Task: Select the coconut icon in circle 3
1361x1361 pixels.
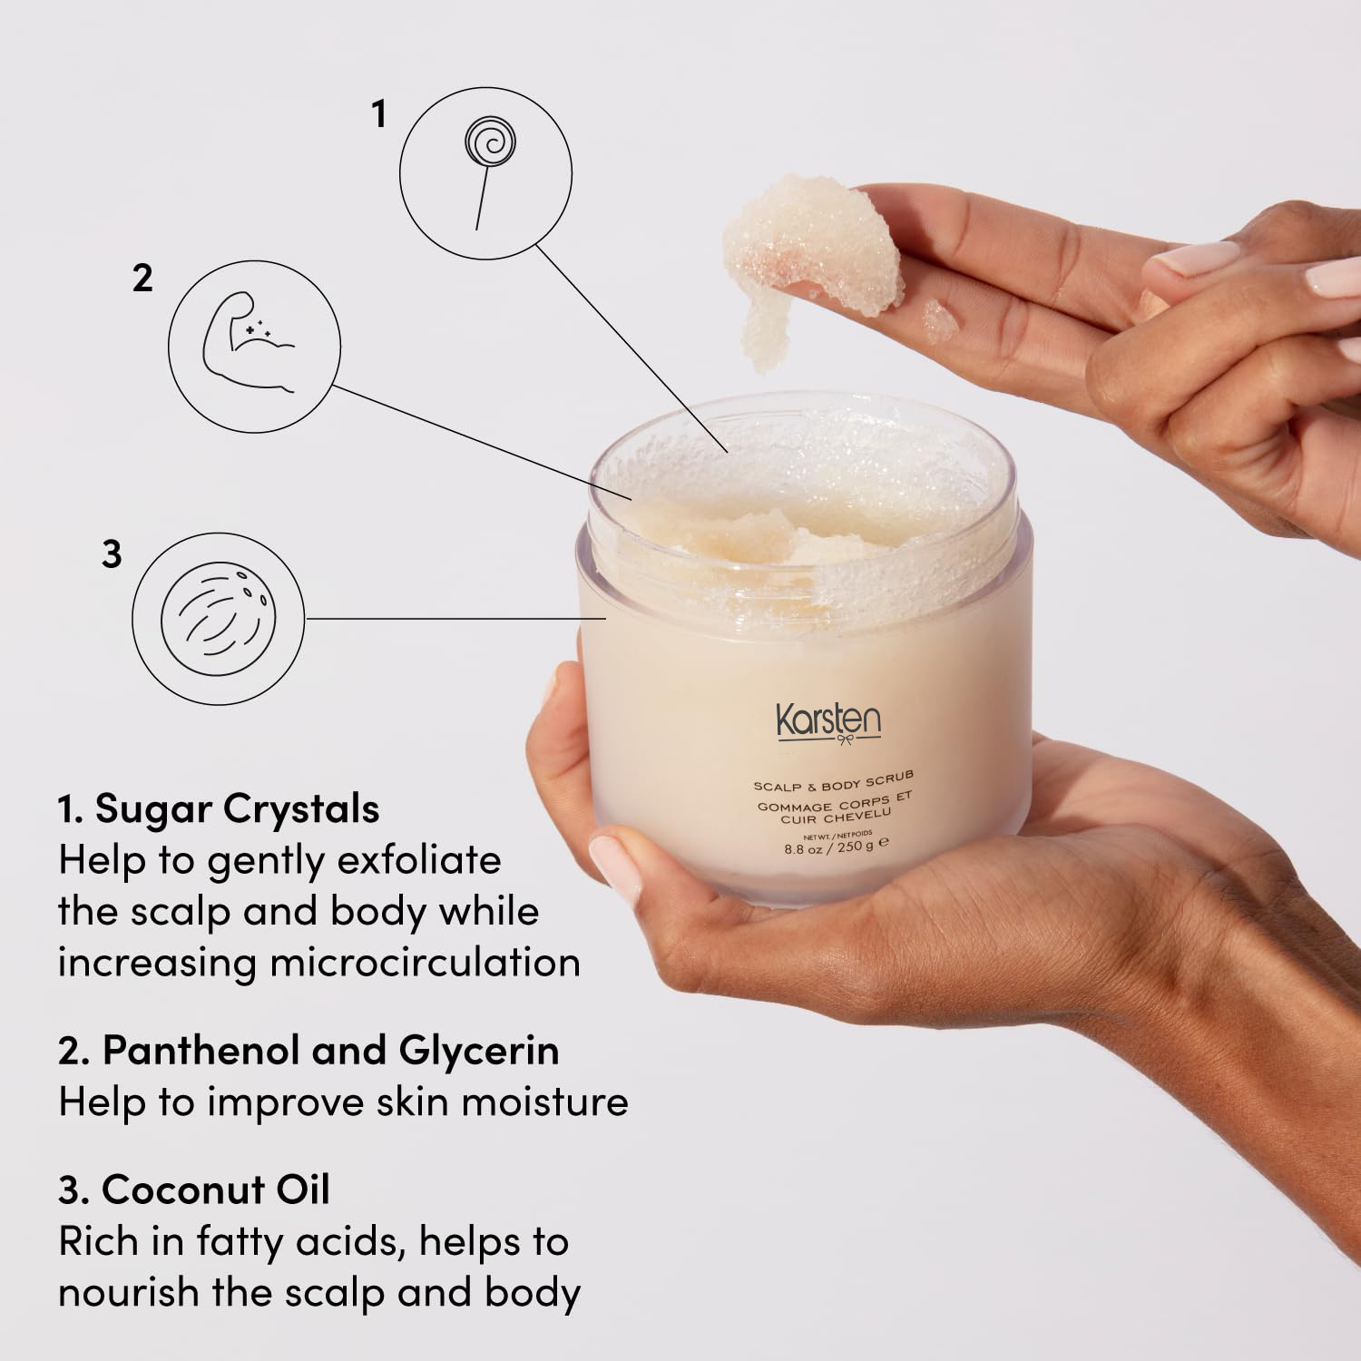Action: point(218,618)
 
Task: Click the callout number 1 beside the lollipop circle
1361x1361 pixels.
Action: point(379,114)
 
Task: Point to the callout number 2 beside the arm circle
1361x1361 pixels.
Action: point(142,279)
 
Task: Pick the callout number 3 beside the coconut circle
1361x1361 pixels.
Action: point(112,553)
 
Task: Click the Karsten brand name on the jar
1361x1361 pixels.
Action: point(827,721)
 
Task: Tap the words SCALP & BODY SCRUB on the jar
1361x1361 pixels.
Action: point(833,779)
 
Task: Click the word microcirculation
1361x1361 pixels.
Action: point(426,963)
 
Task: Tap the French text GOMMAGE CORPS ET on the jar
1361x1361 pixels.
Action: point(835,800)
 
